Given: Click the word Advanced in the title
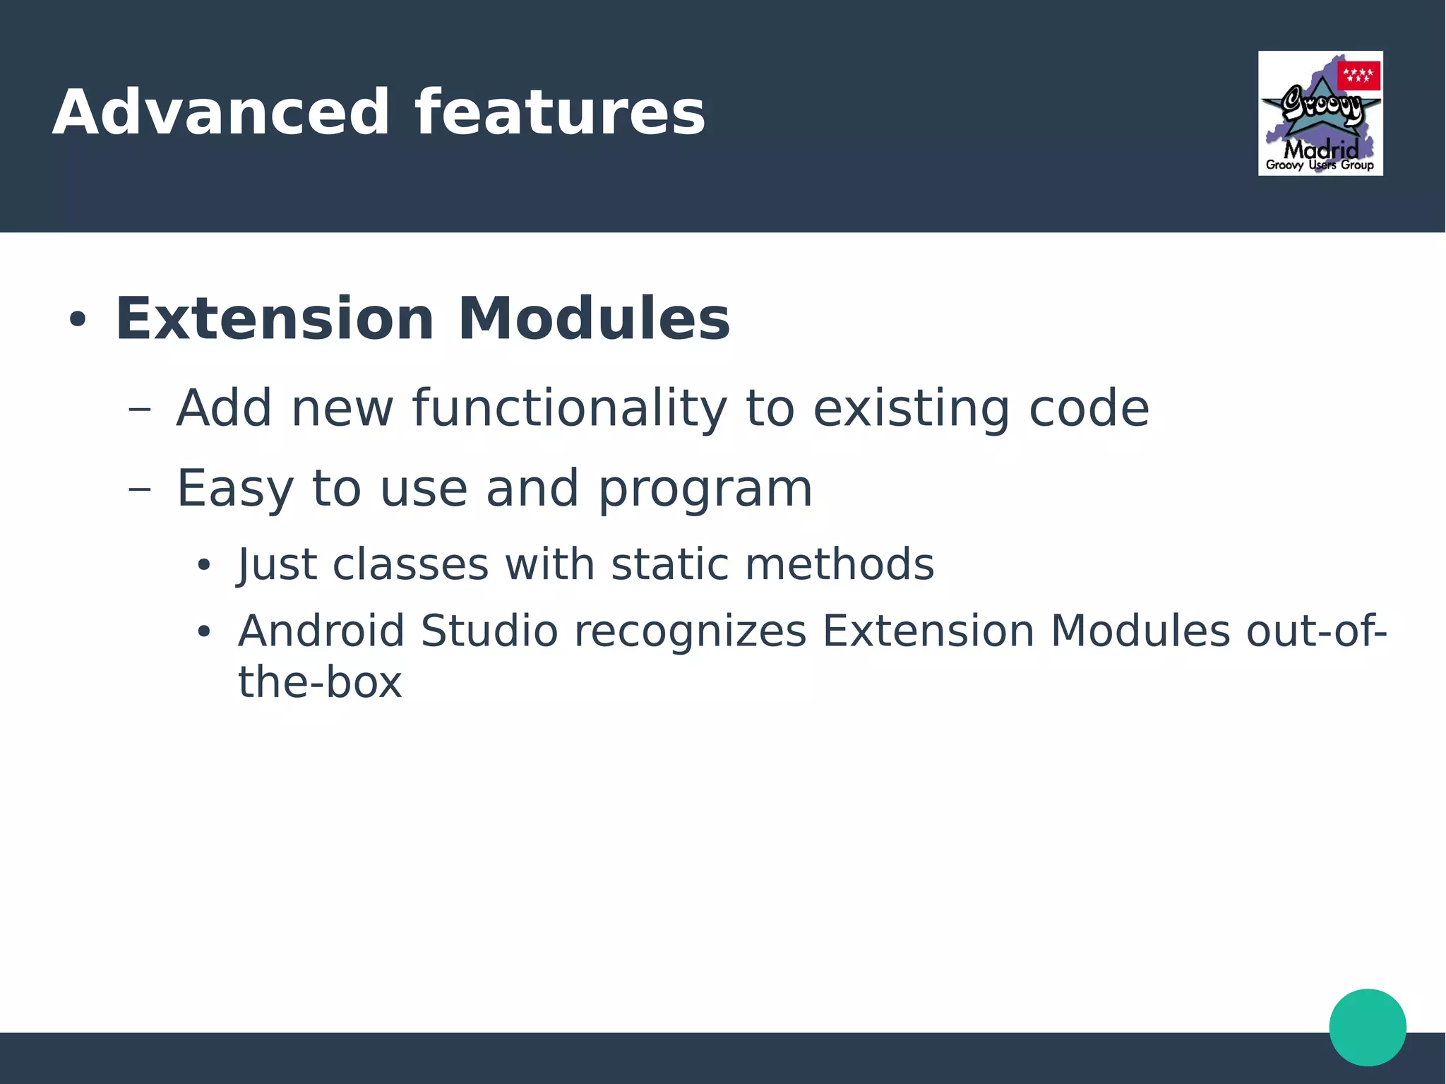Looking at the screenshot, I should pos(221,113).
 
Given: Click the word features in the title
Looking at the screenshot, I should pos(559,113).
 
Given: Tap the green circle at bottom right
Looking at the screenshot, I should pos(1367,1027).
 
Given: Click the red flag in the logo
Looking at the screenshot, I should pos(1358,76).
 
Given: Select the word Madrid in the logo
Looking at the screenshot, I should pos(1320,149).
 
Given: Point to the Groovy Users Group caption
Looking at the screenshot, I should pos(1320,165).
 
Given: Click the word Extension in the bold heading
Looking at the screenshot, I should pos(274,319).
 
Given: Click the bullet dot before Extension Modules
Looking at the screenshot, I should pos(77,320).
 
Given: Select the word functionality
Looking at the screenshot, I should pos(569,409).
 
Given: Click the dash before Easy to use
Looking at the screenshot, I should pos(140,489).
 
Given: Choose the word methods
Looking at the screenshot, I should pos(839,564).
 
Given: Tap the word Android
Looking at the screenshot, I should pos(321,631).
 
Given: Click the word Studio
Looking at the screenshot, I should pos(489,631).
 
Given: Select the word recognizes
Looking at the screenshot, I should pos(690,631).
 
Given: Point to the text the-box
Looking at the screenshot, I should pos(320,682).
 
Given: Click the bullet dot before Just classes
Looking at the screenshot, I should pos(204,565).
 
